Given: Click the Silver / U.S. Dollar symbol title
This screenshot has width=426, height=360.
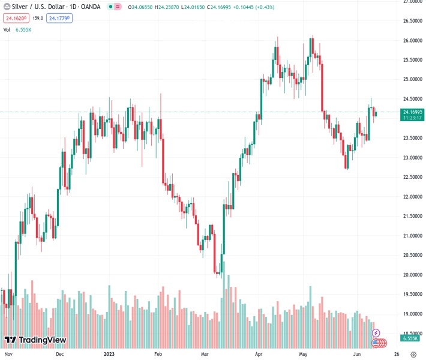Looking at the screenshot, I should (36, 7).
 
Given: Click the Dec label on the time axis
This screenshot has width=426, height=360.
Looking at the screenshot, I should (59, 355).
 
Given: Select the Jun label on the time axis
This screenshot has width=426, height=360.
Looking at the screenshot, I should (357, 355).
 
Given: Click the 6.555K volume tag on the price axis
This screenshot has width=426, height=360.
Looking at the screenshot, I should (410, 338).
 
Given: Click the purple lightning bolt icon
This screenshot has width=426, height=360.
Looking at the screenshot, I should (376, 332).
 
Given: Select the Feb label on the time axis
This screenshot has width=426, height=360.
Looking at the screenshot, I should (158, 355).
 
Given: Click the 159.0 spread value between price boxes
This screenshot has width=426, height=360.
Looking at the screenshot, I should (37, 19).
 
